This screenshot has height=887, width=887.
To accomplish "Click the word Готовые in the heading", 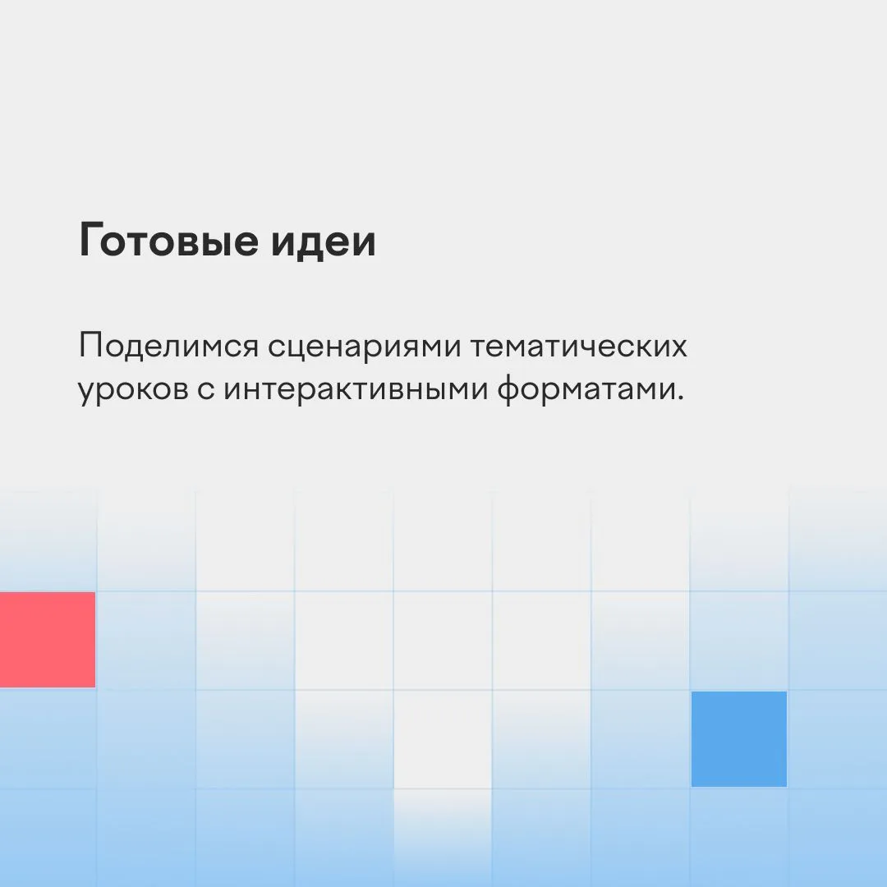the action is tap(169, 240).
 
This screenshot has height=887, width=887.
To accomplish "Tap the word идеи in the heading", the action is tap(323, 241).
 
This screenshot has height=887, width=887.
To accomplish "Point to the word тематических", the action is tap(579, 347).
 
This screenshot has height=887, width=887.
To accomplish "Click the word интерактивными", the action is tap(356, 390).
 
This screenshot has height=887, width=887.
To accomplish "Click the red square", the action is tap(48, 640).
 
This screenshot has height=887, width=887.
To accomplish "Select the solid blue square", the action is tap(739, 739).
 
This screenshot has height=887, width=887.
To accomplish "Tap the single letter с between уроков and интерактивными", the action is tap(206, 391).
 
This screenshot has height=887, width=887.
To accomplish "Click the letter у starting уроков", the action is tap(88, 395).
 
